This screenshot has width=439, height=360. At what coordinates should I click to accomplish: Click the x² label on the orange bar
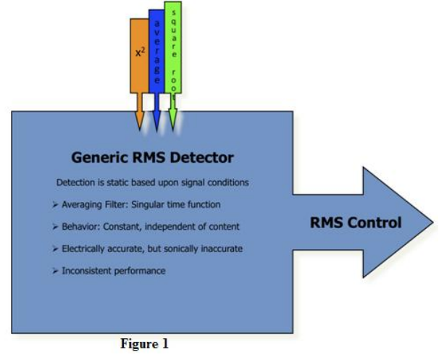click(141, 52)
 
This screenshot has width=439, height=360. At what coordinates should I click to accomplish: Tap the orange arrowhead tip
click(140, 130)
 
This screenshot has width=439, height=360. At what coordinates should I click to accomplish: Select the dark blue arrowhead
click(156, 121)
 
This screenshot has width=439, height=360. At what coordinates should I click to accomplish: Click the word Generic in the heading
click(100, 157)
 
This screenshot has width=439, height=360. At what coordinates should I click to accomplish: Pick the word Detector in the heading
click(201, 157)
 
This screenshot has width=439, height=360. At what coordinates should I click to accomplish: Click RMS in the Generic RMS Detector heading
click(149, 157)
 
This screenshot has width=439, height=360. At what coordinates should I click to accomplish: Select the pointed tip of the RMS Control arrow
click(433, 222)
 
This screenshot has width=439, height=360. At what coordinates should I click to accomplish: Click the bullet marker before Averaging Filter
click(55, 205)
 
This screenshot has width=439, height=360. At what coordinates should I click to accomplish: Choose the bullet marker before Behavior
click(55, 227)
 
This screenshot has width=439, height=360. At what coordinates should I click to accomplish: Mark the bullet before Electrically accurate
click(55, 249)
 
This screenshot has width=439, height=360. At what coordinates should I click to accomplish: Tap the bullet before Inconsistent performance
click(55, 271)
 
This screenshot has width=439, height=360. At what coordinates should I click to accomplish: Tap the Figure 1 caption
click(144, 344)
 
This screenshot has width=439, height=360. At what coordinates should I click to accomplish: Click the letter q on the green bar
click(174, 22)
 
